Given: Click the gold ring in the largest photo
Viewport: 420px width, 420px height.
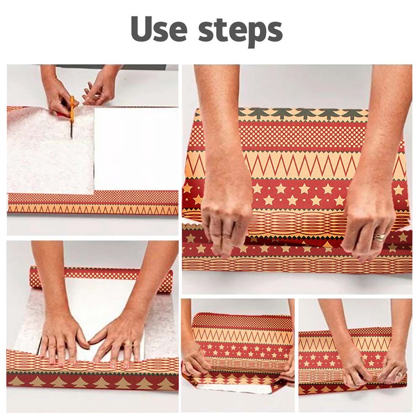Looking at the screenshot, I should click(380, 236).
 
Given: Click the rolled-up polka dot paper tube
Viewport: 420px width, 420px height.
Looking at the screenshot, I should click(101, 274).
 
